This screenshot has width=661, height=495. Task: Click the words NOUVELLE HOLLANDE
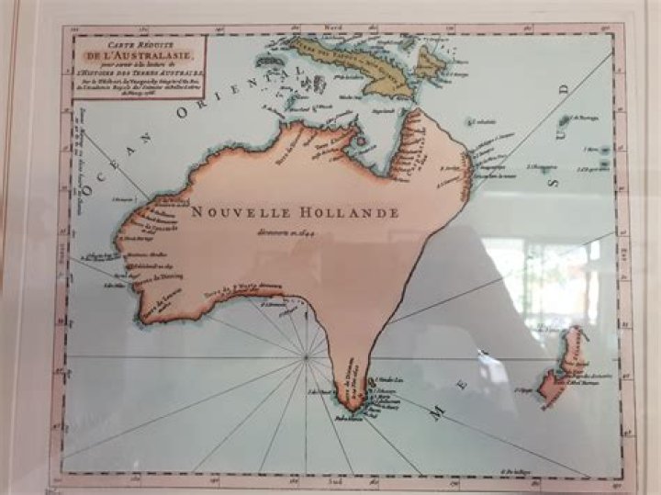[x=296, y=212]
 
